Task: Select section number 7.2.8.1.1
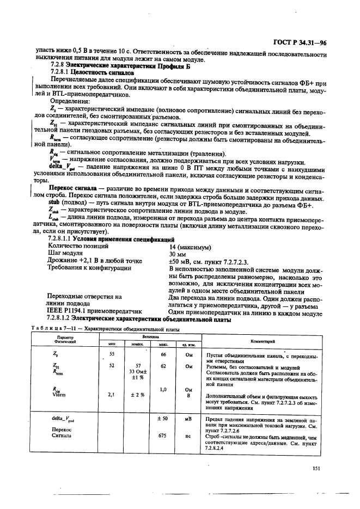[x=62, y=240]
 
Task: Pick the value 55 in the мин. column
[x=112, y=354]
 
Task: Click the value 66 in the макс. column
[x=162, y=354]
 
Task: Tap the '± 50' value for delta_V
[x=162, y=418]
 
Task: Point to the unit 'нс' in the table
[x=189, y=436]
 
